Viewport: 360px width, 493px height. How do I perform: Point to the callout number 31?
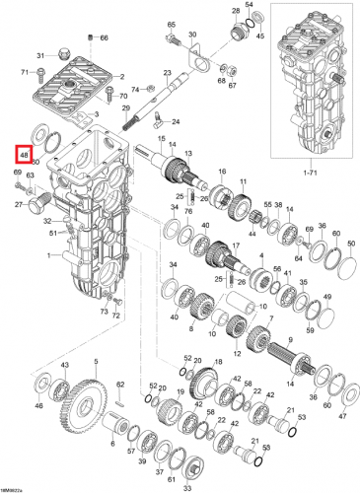tap(41, 55)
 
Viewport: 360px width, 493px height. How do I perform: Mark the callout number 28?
tap(236, 12)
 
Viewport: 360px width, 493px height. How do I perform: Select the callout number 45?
tap(260, 36)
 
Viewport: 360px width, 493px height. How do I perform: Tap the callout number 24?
tap(176, 122)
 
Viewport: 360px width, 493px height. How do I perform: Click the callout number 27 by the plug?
tap(19, 204)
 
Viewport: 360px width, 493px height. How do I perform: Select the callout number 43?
tap(65, 366)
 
